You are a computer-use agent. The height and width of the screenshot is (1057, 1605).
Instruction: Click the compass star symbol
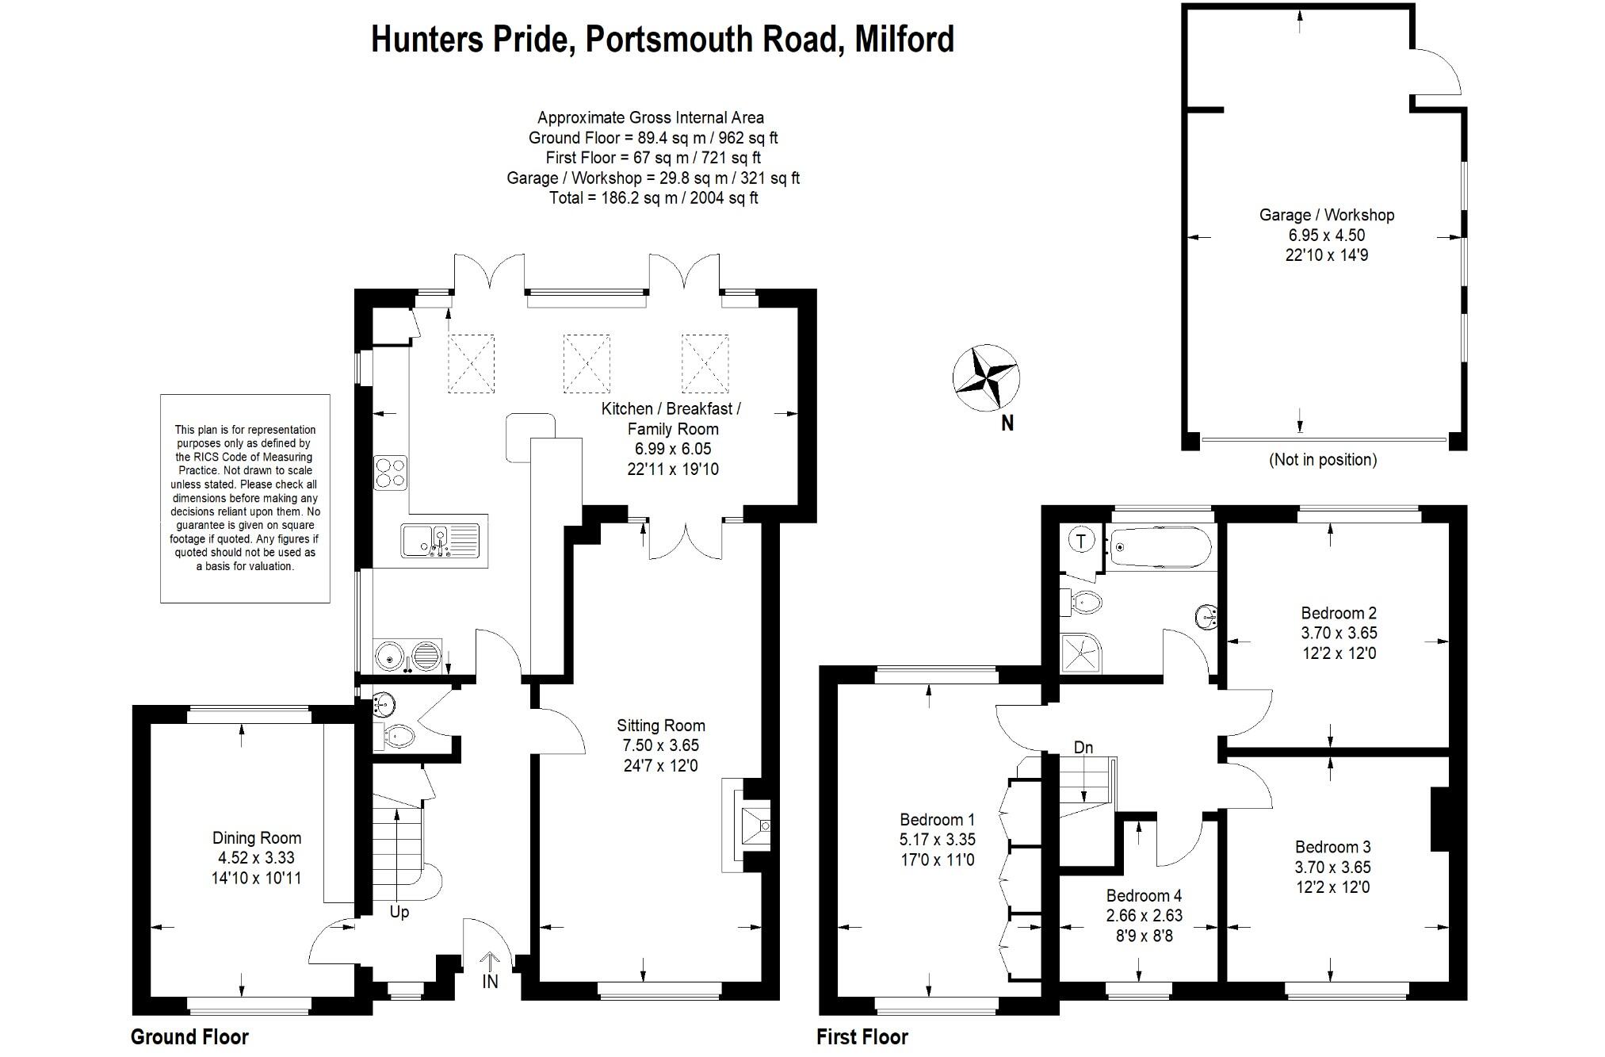click(x=985, y=377)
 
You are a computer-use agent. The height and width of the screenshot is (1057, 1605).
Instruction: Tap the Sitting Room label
click(x=660, y=726)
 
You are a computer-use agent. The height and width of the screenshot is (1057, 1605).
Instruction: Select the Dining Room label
click(x=256, y=838)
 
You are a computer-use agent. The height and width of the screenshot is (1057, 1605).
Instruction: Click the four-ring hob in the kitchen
click(x=390, y=473)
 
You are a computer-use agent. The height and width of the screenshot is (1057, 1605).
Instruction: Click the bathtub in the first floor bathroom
click(x=1160, y=546)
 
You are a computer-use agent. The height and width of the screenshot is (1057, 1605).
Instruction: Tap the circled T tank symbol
click(x=1081, y=542)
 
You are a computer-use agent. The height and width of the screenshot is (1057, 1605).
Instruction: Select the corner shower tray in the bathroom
click(x=1083, y=653)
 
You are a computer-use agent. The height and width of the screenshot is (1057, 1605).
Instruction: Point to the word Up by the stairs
click(x=399, y=913)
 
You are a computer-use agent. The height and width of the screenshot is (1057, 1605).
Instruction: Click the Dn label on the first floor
click(x=1083, y=748)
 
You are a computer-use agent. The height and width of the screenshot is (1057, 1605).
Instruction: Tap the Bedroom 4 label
click(x=1143, y=896)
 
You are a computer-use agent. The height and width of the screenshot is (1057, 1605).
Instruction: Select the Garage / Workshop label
click(x=1326, y=215)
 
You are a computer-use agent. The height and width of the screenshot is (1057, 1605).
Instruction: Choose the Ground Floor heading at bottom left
click(x=189, y=1037)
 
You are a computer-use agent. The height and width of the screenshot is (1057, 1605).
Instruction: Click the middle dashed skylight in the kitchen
click(x=587, y=364)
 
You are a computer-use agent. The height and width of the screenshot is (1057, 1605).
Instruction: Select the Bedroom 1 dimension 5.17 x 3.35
click(x=937, y=840)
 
